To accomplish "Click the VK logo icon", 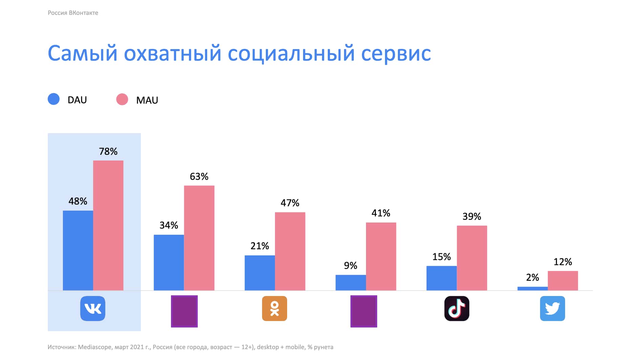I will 93,309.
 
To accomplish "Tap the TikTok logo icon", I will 457,309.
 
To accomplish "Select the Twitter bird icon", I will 552,309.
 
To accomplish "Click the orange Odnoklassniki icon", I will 275,309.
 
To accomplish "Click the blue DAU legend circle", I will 53,99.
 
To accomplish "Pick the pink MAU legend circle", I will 122,100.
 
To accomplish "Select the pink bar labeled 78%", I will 108,225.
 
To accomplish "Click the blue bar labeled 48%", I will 78,250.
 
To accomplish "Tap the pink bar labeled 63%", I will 199,238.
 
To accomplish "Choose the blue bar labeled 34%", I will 169,262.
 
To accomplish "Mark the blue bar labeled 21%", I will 260,273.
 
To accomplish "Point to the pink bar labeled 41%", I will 381,256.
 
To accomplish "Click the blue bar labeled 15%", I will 442,278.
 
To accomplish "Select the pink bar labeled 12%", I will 563,280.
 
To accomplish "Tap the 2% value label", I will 532,278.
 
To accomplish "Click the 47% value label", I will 290,203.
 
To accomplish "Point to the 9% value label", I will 350,266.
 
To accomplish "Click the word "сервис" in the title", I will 396,54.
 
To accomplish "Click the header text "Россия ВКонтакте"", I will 73,13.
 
